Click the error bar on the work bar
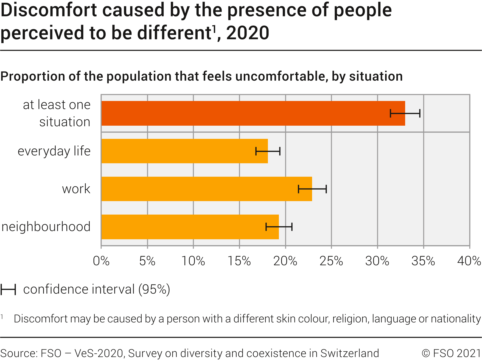(312, 189)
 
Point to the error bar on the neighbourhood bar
(279, 227)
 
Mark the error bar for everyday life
(268, 151)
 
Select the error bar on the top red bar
(405, 113)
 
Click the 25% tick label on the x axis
(331, 261)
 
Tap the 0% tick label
(101, 261)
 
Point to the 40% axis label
(469, 261)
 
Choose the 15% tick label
(239, 261)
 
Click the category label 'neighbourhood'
(46, 227)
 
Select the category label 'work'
(76, 189)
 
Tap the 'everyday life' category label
(54, 151)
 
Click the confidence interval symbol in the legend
(8, 289)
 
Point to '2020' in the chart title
(248, 33)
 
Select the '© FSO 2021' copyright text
(451, 353)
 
